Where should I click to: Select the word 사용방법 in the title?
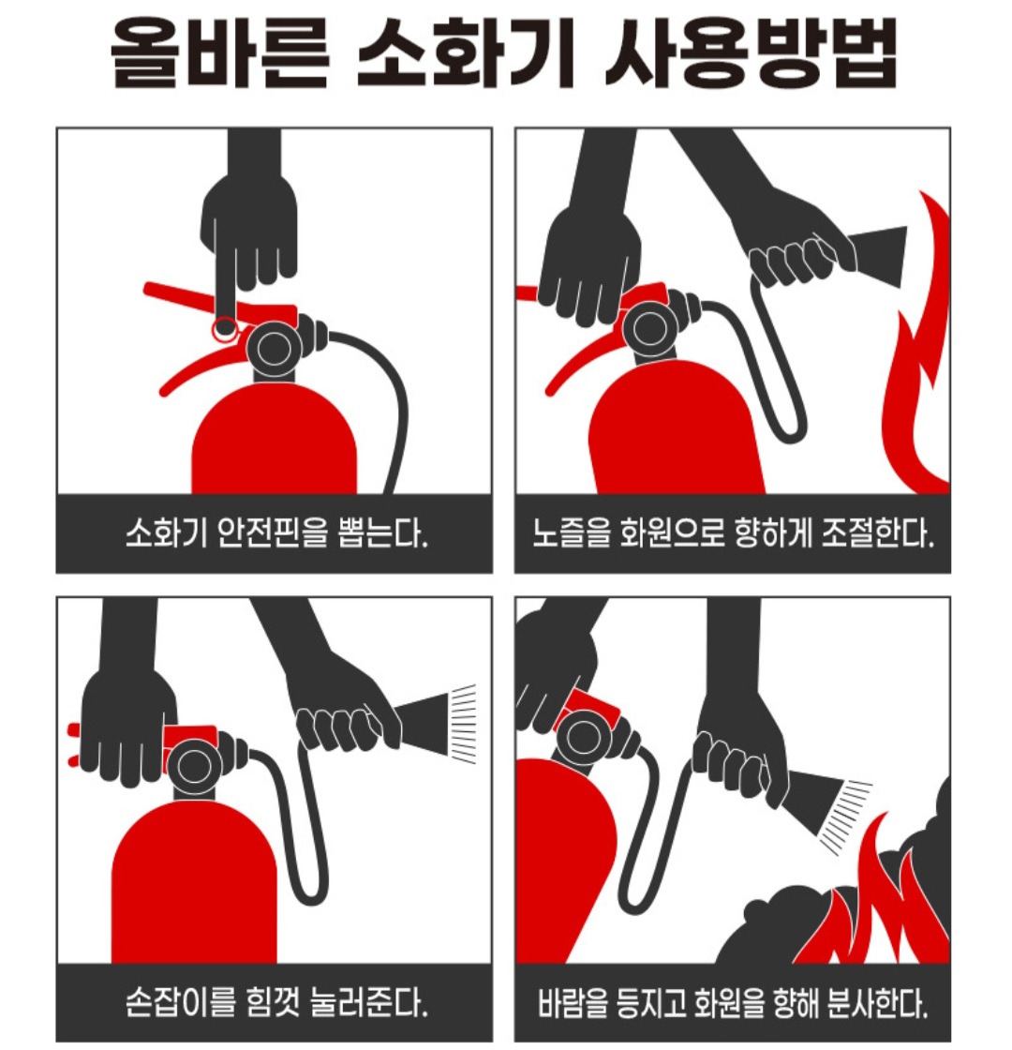751,52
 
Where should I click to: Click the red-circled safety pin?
224,328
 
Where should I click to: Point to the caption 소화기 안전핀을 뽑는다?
275,533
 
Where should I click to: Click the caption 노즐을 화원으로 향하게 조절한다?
733,533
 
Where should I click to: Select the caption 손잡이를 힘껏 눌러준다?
275,1002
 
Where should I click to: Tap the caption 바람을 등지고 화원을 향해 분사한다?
733,1002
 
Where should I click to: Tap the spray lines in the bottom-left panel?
463,723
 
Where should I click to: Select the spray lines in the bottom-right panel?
847,817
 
